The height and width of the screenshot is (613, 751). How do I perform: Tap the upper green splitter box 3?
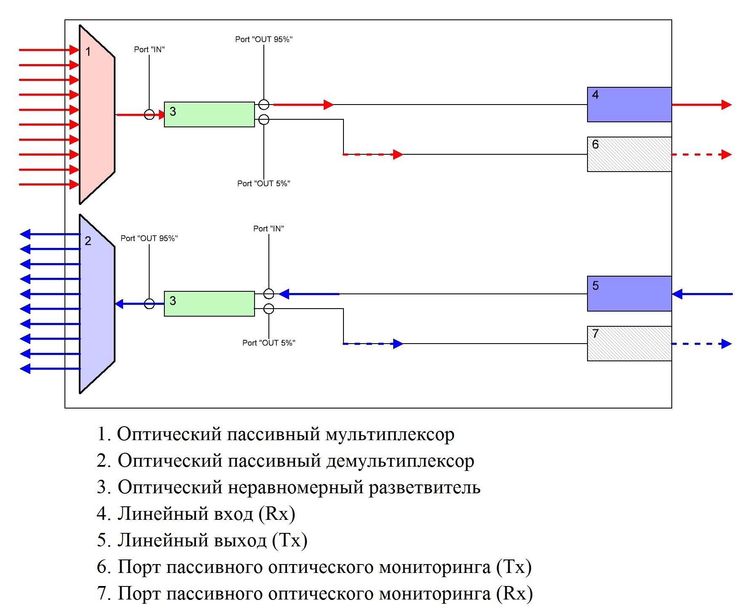pyautogui.click(x=209, y=114)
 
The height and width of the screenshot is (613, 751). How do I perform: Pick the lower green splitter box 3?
pyautogui.click(x=209, y=304)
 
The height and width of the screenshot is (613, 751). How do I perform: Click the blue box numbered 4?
pyautogui.click(x=629, y=105)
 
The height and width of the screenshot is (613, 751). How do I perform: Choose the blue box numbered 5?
pyautogui.click(x=629, y=294)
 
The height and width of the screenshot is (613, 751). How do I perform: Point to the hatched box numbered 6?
pyautogui.click(x=629, y=154)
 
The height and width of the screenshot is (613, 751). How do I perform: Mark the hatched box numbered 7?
pyautogui.click(x=629, y=344)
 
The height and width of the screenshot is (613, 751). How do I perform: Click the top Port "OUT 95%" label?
pyautogui.click(x=264, y=39)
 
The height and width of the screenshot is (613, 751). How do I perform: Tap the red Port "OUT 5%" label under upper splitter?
pyautogui.click(x=264, y=183)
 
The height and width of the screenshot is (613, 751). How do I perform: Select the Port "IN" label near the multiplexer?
pyautogui.click(x=149, y=49)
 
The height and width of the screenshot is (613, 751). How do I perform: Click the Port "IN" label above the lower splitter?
pyautogui.click(x=268, y=229)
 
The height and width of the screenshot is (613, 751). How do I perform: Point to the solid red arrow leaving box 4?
pyautogui.click(x=702, y=105)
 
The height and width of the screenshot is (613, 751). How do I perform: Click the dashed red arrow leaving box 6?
pyautogui.click(x=702, y=154)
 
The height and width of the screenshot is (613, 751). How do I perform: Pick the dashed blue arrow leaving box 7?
pyautogui.click(x=702, y=344)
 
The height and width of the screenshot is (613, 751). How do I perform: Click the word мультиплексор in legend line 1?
pyautogui.click(x=390, y=435)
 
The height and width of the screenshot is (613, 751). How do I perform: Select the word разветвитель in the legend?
pyautogui.click(x=424, y=487)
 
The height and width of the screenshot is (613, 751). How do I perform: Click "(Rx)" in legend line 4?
pyautogui.click(x=276, y=514)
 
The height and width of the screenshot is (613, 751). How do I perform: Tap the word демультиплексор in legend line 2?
pyautogui.click(x=400, y=461)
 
